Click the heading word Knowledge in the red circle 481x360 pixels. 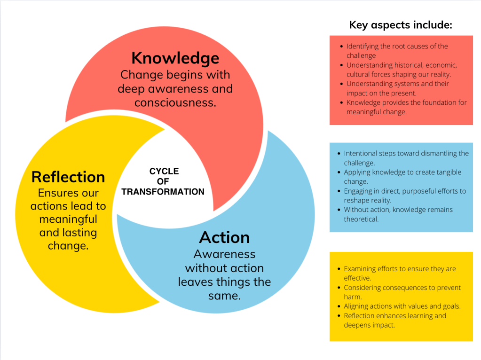175,58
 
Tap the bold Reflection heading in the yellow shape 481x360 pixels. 68,177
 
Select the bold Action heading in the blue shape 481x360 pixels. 224,237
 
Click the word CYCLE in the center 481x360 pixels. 164,172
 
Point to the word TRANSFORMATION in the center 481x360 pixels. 163,192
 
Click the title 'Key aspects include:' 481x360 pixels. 401,25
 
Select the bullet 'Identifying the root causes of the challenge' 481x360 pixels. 397,51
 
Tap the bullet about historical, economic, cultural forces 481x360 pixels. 402,70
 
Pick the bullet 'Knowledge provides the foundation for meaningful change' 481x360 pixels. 406,107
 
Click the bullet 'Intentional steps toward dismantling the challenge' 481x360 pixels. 406,158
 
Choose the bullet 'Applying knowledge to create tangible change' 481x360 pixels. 402,177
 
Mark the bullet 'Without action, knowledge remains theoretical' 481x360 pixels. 398,214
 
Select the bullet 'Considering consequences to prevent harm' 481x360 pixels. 402,292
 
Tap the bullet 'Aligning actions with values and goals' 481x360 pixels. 402,306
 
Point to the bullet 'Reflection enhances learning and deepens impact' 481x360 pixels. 394,321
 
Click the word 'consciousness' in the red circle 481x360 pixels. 175,102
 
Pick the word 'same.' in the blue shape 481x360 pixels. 224,296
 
